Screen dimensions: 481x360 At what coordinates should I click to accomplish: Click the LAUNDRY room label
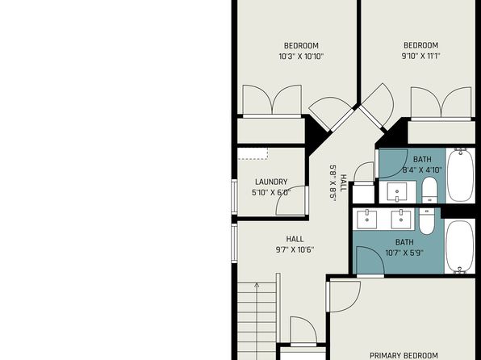(271, 182)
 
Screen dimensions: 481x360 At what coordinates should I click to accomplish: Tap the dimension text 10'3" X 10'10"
(301, 57)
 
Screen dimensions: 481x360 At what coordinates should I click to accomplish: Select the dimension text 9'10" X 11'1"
(421, 57)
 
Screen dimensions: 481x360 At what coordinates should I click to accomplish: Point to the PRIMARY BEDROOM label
(404, 356)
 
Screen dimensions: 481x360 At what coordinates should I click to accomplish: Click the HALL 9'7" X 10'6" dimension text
(295, 250)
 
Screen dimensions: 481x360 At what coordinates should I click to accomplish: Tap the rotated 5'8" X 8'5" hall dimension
(333, 183)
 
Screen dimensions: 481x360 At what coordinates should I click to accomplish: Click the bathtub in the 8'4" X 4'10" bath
(461, 175)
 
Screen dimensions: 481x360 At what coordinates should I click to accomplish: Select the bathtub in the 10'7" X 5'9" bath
(460, 246)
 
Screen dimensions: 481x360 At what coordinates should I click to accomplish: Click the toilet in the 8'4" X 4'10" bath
(429, 190)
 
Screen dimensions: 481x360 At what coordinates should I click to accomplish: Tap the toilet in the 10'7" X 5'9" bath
(426, 221)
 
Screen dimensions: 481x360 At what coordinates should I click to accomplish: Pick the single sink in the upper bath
(397, 192)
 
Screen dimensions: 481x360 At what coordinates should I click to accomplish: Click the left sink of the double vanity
(367, 219)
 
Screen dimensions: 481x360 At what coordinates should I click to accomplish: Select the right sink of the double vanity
(401, 219)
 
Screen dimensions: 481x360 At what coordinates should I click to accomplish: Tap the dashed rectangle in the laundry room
(253, 154)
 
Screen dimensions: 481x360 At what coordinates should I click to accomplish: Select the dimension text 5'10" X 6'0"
(271, 193)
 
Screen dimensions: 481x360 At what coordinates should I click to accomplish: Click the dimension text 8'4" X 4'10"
(422, 170)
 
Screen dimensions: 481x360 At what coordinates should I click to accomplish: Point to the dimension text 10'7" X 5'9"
(404, 253)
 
